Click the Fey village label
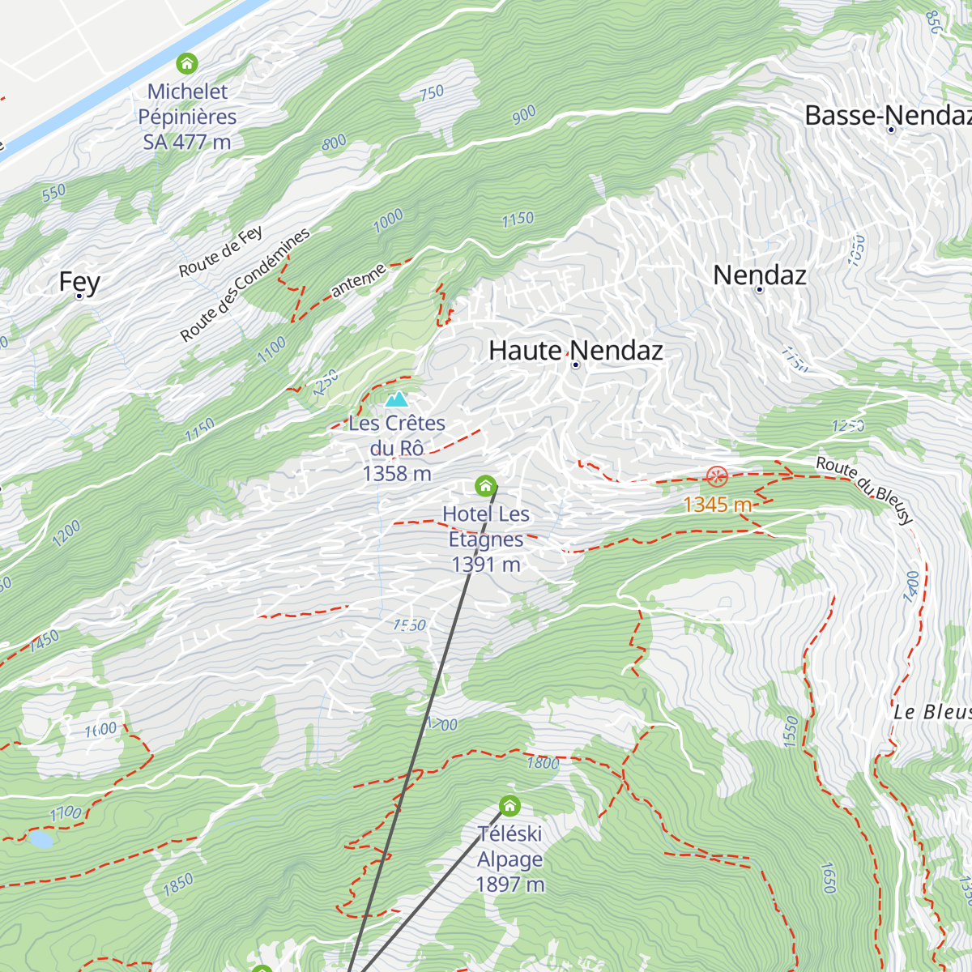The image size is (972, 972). [79, 282]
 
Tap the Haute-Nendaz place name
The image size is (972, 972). [576, 350]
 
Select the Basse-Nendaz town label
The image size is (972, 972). [887, 115]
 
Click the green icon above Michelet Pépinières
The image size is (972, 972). [187, 63]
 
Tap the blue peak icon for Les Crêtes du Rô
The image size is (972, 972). [396, 399]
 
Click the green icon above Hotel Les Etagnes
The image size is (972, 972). [485, 486]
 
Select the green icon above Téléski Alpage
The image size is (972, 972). [509, 806]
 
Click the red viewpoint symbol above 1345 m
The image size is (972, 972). [717, 476]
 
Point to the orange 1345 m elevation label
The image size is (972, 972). [718, 505]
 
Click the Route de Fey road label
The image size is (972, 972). [221, 252]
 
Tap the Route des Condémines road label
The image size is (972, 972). [245, 284]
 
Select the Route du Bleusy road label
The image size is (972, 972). [865, 489]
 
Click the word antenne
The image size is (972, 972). [358, 280]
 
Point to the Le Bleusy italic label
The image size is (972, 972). [932, 712]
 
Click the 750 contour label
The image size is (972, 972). [432, 92]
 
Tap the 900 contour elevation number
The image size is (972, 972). [524, 115]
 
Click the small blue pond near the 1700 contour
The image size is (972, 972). [40, 839]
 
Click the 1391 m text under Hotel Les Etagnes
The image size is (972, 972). [486, 565]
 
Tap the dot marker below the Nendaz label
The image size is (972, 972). [759, 290]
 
